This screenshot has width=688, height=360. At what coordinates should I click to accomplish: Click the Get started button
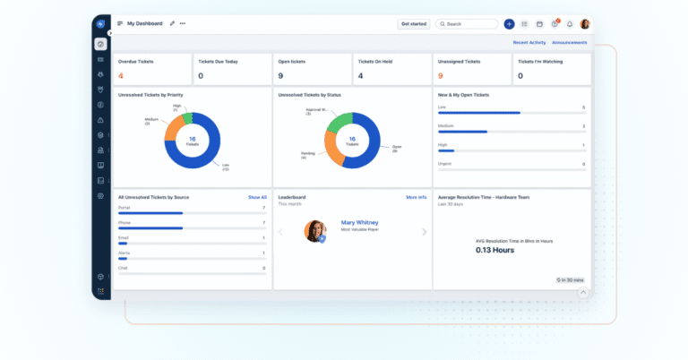(414, 24)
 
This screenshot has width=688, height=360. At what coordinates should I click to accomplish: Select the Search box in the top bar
(466, 24)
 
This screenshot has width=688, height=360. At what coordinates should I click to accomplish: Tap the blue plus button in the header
(509, 24)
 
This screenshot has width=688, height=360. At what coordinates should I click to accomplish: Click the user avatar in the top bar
(584, 24)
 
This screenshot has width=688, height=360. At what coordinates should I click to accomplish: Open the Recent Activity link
(529, 42)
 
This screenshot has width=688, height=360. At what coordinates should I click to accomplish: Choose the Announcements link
(569, 42)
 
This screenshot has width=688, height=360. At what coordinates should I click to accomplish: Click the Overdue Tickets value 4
(121, 76)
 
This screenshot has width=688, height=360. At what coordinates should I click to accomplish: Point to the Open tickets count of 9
(281, 76)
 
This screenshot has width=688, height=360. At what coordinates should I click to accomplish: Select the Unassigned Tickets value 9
(440, 76)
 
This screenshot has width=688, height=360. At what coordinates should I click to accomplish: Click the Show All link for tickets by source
(257, 197)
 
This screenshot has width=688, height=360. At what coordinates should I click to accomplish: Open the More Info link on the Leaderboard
(416, 197)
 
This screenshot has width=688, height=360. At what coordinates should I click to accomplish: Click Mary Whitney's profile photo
(315, 231)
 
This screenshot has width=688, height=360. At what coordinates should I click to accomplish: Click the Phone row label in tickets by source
(125, 222)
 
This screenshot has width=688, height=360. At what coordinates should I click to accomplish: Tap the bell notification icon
(569, 24)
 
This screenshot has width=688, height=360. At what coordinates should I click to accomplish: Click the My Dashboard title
(144, 23)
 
